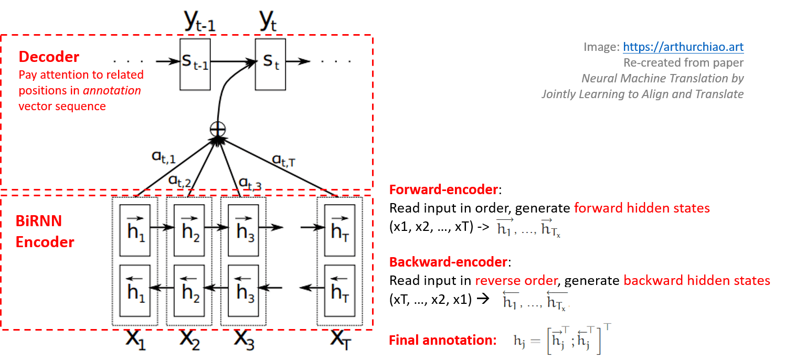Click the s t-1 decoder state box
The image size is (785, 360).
[x=195, y=63]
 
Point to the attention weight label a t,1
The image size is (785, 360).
[x=164, y=157]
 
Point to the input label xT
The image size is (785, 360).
[x=340, y=340]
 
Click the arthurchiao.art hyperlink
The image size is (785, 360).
[x=683, y=47]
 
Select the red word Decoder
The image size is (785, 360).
[x=49, y=57]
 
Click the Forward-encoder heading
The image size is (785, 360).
[x=443, y=190]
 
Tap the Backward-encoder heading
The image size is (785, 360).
[x=448, y=262]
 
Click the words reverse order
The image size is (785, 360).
[x=516, y=281]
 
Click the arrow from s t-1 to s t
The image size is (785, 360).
[x=233, y=61]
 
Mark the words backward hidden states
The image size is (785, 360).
[x=696, y=281]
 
